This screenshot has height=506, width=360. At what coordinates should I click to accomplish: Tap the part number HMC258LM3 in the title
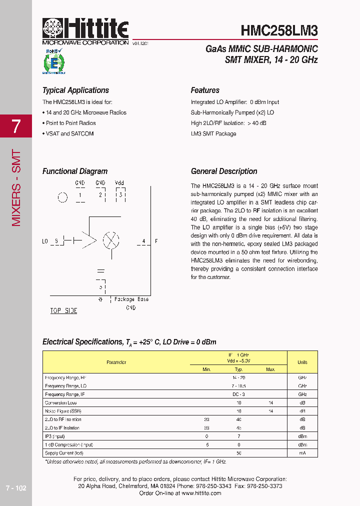point(279,30)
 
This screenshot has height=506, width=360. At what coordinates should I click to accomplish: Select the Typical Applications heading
point(75,90)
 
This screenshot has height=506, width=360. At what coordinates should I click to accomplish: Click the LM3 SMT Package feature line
point(213,134)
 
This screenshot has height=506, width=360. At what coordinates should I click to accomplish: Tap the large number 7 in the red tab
point(16,126)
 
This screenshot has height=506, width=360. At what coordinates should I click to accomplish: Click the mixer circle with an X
point(110,240)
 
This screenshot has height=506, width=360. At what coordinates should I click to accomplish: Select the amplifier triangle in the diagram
point(90,240)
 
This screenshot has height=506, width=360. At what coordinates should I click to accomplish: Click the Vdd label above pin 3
point(119,183)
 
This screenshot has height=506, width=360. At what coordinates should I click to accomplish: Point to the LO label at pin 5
point(45,241)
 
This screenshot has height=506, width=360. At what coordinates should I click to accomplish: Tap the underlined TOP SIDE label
point(63,310)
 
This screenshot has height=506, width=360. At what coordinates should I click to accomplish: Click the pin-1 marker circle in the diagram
point(62,197)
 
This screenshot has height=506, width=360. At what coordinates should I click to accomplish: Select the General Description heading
point(224,171)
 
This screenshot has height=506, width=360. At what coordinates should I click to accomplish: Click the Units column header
point(302,362)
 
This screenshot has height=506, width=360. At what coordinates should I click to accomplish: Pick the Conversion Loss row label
point(61,403)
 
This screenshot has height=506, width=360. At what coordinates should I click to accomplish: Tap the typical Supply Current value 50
point(239,453)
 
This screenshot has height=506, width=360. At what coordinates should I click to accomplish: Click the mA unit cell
point(302,453)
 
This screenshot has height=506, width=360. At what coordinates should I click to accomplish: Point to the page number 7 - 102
point(15,488)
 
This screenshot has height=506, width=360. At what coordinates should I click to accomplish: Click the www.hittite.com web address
point(201,493)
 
